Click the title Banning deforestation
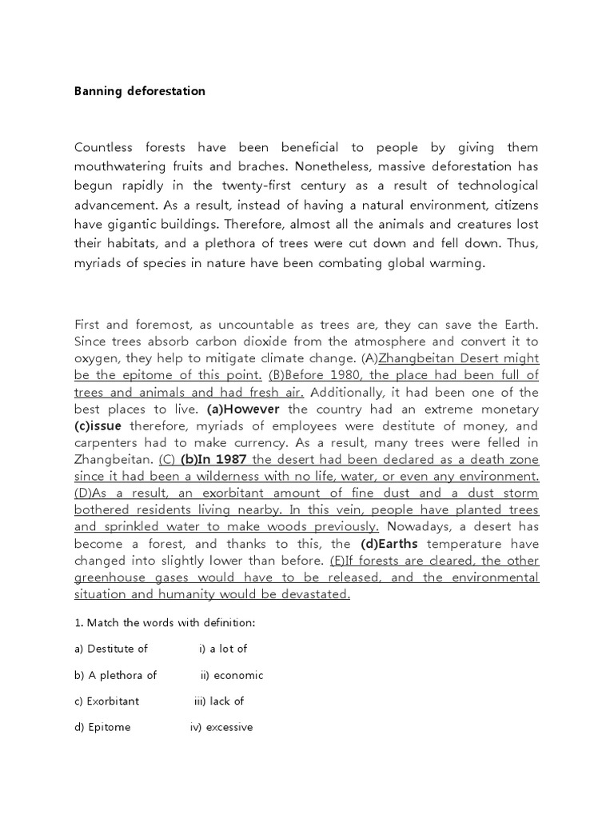pyautogui.click(x=140, y=91)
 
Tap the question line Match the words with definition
pyautogui.click(x=165, y=622)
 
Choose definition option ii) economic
pyautogui.click(x=232, y=675)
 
